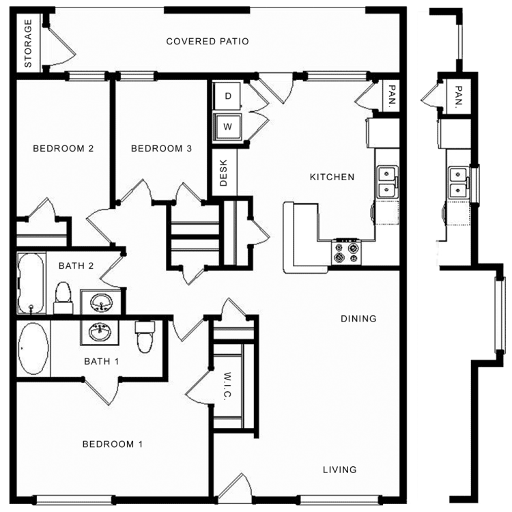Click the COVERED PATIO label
click(208, 42)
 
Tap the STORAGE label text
click(29, 44)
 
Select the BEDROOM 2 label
click(63, 149)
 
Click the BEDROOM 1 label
click(113, 444)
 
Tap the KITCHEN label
click(332, 177)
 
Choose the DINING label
click(358, 319)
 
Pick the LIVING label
click(339, 470)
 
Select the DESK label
click(223, 173)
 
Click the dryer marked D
click(228, 97)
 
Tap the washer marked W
click(228, 126)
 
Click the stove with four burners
click(346, 253)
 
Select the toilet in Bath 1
click(145, 337)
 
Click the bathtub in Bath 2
click(31, 283)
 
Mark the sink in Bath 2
click(102, 301)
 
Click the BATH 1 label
click(102, 361)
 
